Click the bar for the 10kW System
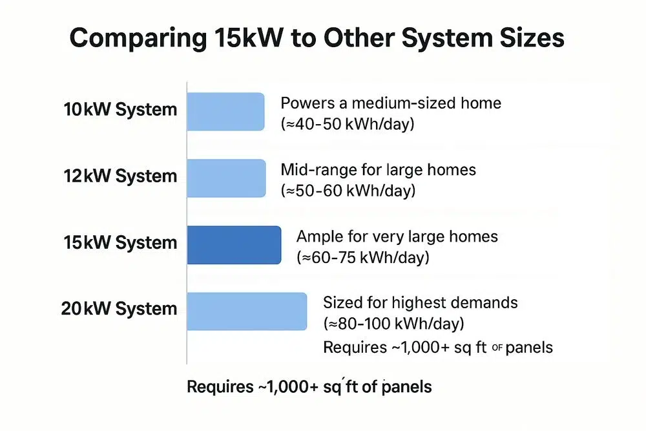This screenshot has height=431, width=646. tap(225, 112)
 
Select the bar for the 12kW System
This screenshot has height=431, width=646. tap(226, 178)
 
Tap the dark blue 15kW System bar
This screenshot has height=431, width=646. tap(234, 245)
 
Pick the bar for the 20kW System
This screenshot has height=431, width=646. tap(247, 311)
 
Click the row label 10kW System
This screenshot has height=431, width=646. tap(120, 110)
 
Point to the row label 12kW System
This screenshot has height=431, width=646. tap(120, 176)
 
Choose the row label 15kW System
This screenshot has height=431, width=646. tap(120, 242)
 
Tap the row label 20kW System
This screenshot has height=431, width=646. tap(119, 309)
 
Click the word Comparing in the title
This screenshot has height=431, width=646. tap(138, 39)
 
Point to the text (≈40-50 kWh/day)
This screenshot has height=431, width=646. tap(348, 124)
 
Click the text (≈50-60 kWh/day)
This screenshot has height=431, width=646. tap(348, 191)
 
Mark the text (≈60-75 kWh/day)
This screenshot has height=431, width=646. tap(363, 258)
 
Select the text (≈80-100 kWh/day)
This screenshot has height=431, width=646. tap(394, 324)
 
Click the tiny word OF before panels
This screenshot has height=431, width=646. tap(497, 348)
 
